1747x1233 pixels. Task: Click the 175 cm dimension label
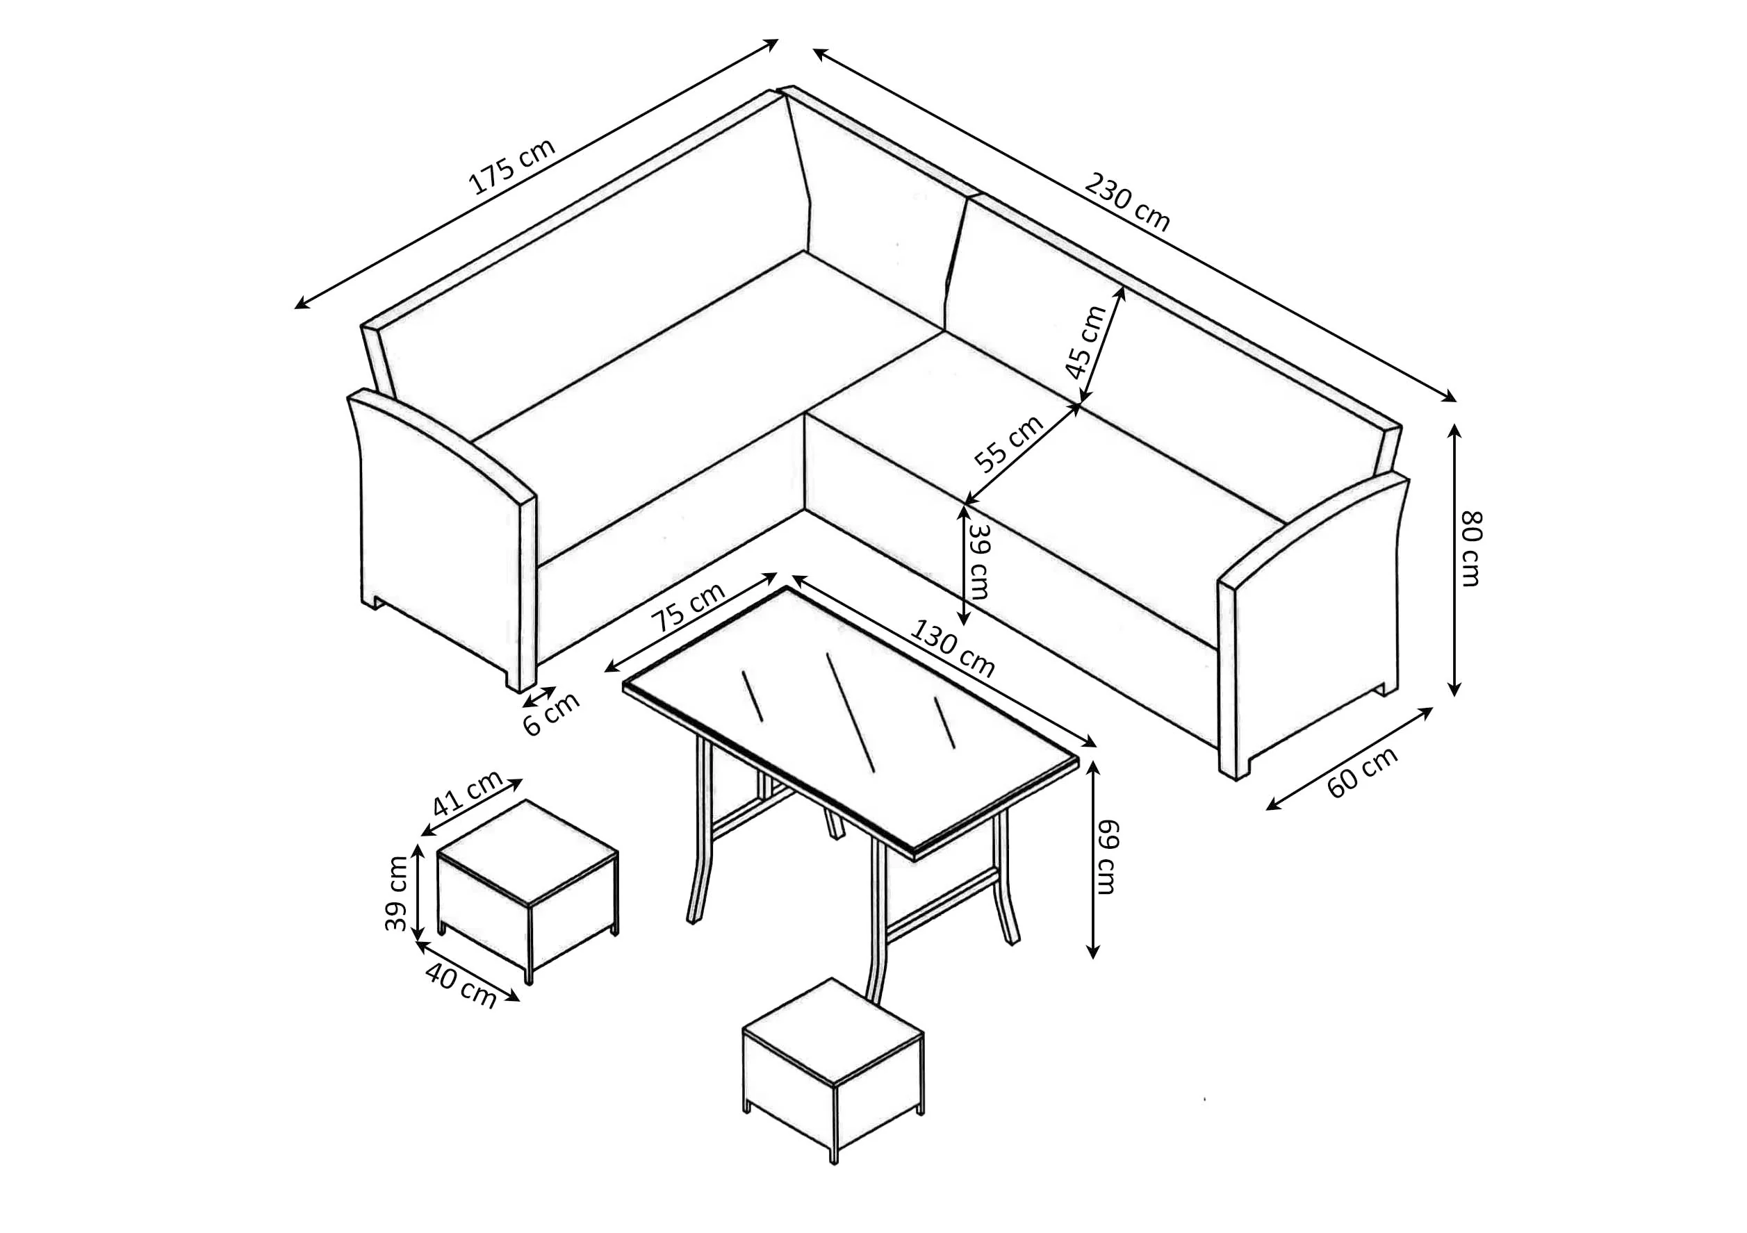click(512, 167)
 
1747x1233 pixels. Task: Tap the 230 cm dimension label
click(1127, 201)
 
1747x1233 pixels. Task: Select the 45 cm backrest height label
click(1085, 342)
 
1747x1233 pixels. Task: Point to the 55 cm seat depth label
click(1010, 443)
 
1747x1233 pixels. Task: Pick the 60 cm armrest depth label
click(1363, 772)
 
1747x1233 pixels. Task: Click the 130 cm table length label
click(953, 649)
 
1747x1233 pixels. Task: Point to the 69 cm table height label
click(1108, 857)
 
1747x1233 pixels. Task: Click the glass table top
click(851, 721)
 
